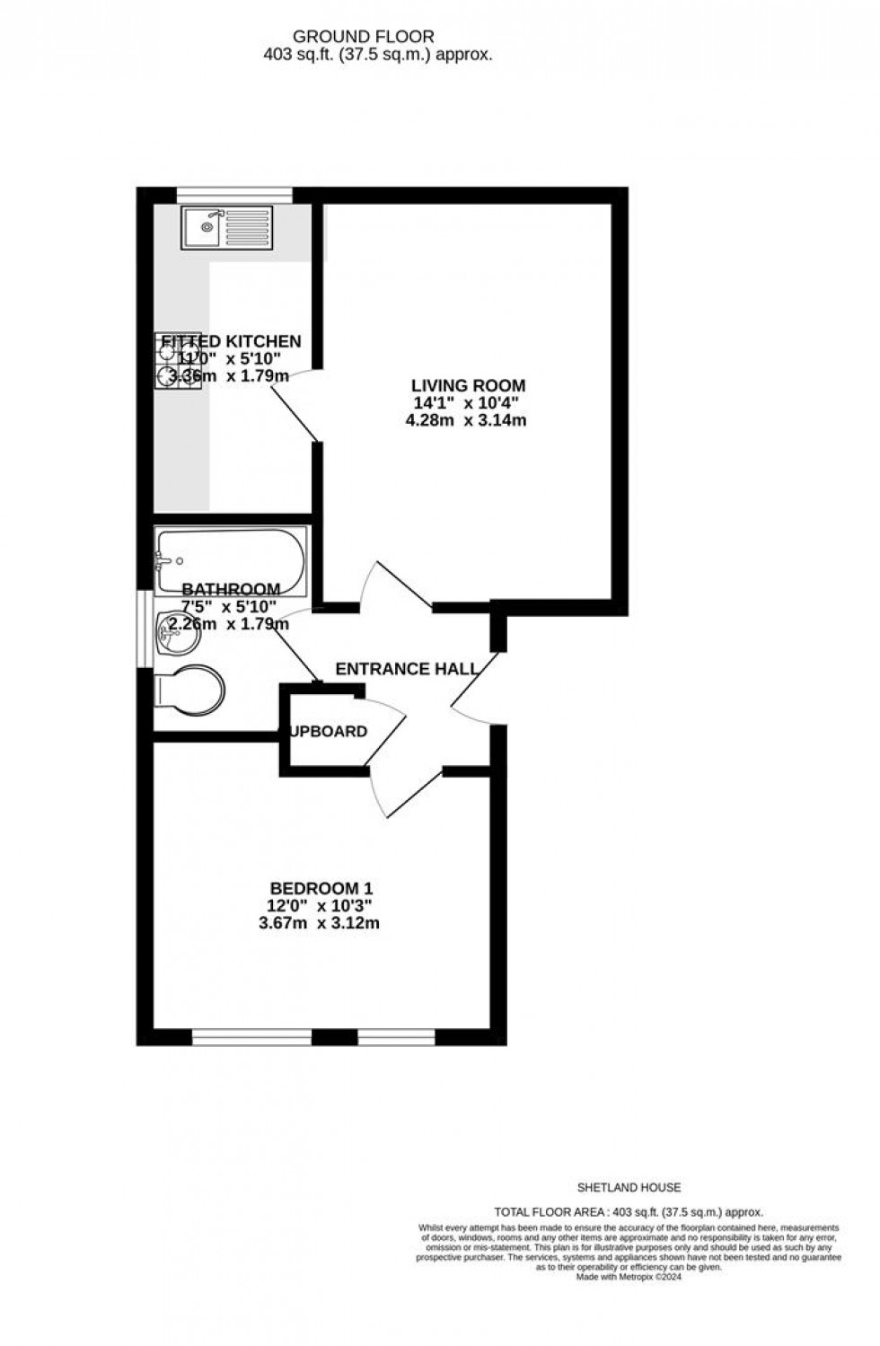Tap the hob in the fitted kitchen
click(x=178, y=361)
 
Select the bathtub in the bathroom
click(x=231, y=560)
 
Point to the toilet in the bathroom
click(x=189, y=691)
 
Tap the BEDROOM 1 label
click(x=321, y=889)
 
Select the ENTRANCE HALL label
click(x=407, y=669)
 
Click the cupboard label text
click(x=329, y=731)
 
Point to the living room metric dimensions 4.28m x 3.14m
click(x=466, y=419)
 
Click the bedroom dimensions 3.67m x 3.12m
click(x=321, y=923)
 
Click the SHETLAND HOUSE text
click(x=629, y=1187)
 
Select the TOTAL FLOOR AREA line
click(x=629, y=1211)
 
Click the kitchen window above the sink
click(x=234, y=192)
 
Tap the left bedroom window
click(x=251, y=1037)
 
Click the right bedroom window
click(x=396, y=1037)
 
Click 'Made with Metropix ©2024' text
click(x=629, y=1277)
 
